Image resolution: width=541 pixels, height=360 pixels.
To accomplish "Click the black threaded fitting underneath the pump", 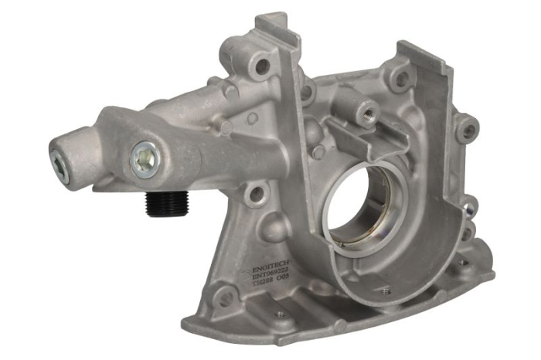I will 164,204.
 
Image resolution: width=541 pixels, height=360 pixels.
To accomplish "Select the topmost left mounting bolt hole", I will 263,66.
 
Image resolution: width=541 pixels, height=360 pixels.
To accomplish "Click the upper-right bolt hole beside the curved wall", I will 400,77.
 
